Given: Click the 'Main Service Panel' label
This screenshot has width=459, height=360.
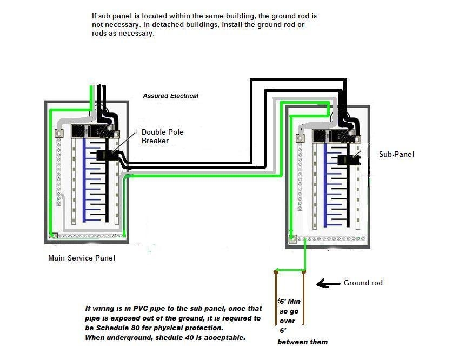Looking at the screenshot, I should pos(81,258).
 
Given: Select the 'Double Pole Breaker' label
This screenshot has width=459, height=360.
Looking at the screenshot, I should pos(156,136).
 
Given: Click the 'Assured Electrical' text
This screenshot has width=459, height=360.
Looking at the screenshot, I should pos(170,96).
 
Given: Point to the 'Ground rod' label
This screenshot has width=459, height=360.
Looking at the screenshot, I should pos(363,283).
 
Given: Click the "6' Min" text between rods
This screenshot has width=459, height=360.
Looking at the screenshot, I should pos(289,301).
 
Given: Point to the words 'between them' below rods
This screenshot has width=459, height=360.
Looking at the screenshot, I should pos(302,342).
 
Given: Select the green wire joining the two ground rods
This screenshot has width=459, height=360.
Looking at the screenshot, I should pos(290,270).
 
